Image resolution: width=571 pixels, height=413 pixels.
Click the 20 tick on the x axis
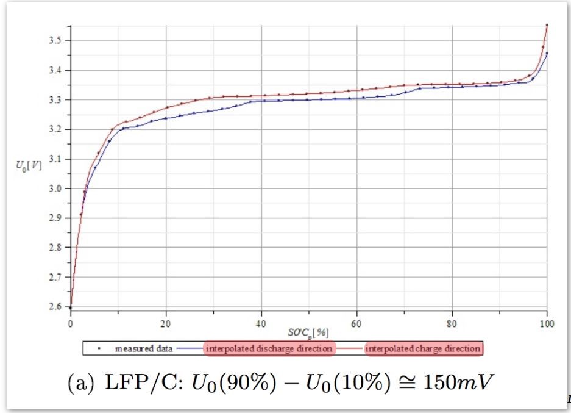[166, 323]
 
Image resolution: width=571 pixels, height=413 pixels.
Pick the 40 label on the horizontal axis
[261, 323]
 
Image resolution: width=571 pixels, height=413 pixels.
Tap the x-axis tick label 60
[356, 323]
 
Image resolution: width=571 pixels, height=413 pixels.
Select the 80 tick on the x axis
[452, 323]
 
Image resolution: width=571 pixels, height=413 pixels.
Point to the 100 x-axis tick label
[547, 323]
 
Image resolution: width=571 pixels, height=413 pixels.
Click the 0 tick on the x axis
[71, 323]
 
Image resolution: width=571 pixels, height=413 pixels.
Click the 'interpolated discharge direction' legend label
[270, 349]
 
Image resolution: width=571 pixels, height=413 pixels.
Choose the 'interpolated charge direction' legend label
[423, 349]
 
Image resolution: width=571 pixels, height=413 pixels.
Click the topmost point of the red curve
[547, 25]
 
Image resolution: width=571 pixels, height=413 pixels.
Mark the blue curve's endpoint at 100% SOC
[547, 53]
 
